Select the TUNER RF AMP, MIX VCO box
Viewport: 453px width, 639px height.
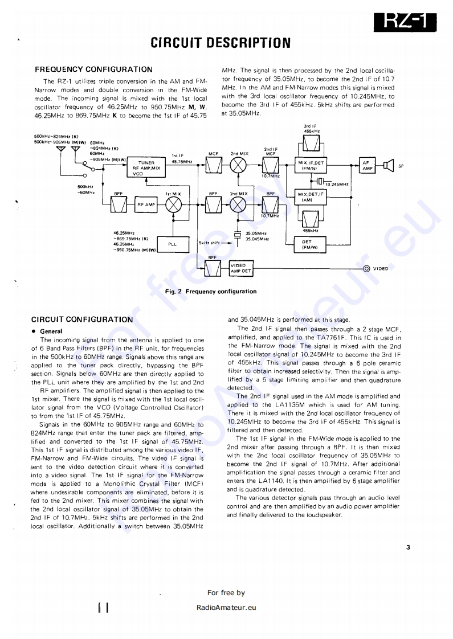click(146, 168)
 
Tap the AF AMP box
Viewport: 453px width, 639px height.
click(367, 165)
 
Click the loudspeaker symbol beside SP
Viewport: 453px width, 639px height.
click(389, 166)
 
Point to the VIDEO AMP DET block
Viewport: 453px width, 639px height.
click(241, 268)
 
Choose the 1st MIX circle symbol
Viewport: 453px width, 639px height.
click(173, 205)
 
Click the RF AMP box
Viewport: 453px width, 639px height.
click(146, 205)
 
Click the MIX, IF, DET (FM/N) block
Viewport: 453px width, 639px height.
click(311, 165)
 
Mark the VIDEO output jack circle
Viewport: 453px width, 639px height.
click(366, 268)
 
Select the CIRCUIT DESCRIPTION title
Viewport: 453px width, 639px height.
click(221, 43)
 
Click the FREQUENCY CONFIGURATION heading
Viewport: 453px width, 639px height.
click(93, 69)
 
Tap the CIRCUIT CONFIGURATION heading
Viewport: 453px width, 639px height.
click(82, 319)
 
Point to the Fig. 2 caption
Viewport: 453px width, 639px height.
click(210, 292)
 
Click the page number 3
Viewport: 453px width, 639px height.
click(409, 547)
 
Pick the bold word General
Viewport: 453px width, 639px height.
click(51, 331)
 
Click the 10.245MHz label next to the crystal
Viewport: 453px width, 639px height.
click(336, 184)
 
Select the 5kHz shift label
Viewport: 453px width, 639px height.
click(209, 243)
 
